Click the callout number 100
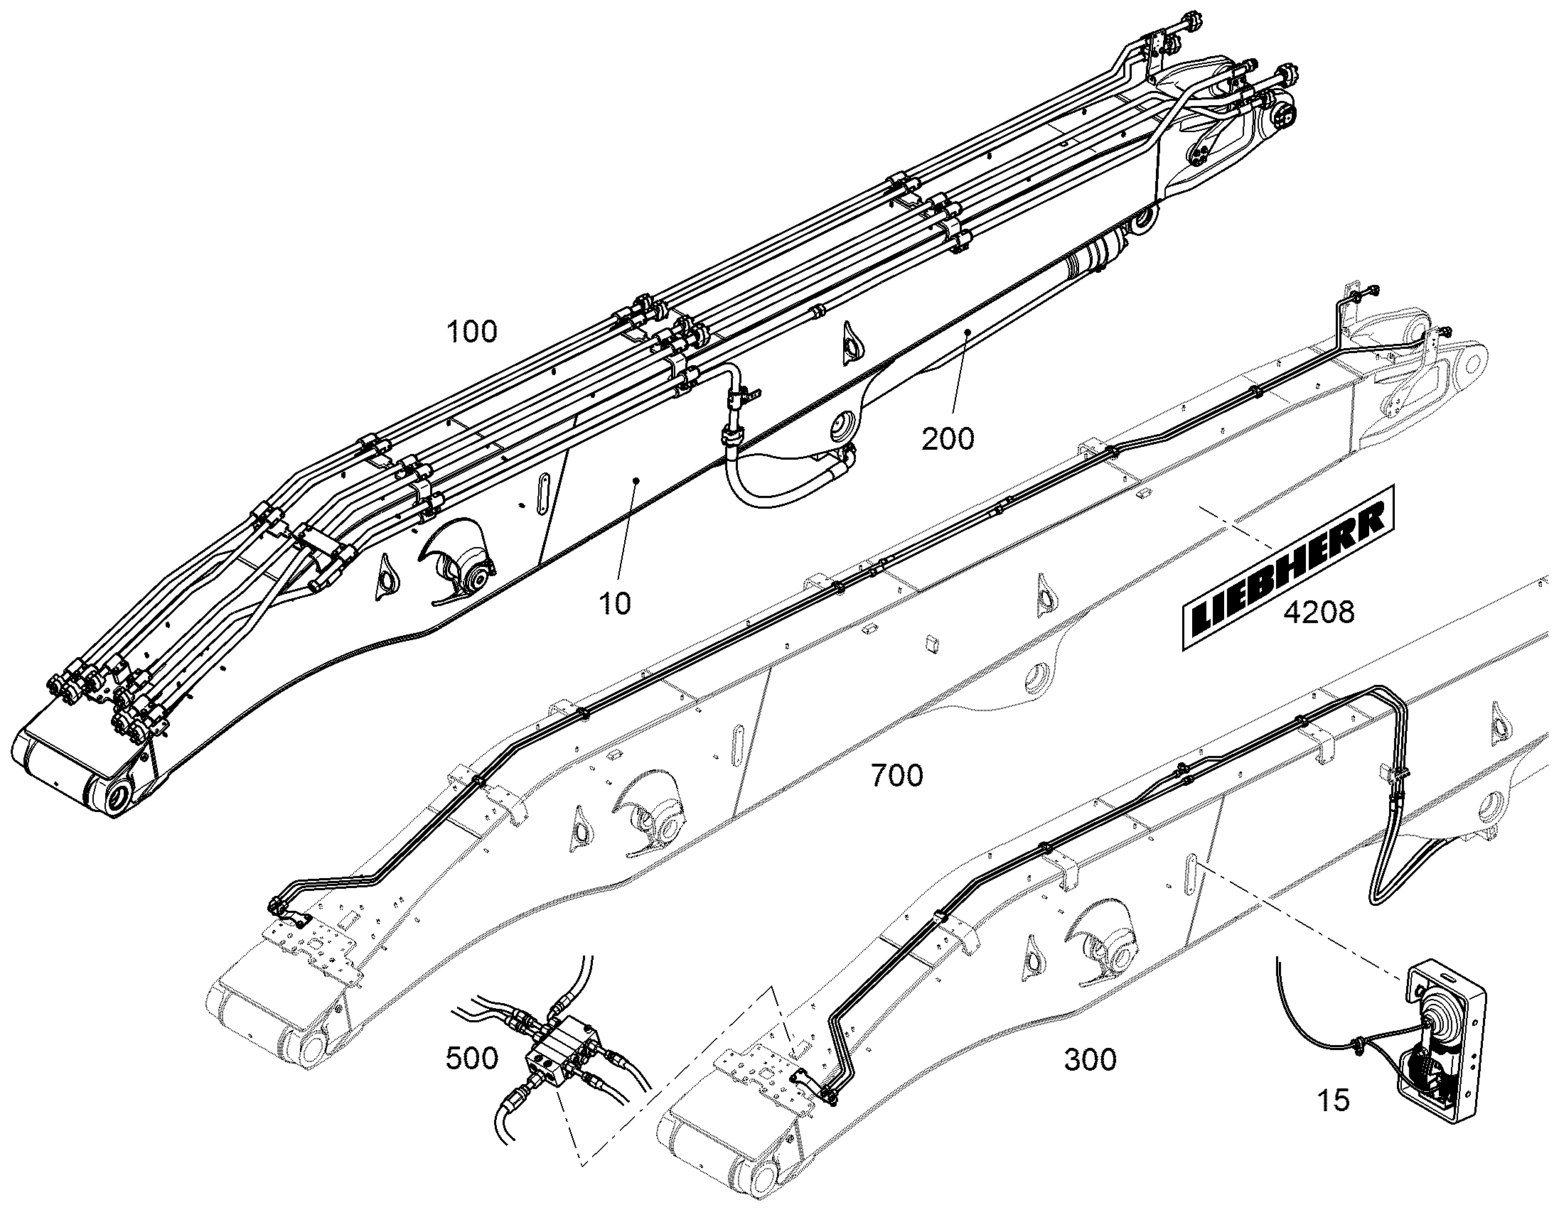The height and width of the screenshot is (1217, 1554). [x=472, y=332]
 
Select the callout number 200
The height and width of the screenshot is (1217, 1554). [x=948, y=439]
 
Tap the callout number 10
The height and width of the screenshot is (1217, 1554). [x=615, y=604]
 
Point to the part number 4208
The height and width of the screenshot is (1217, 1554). [x=1319, y=612]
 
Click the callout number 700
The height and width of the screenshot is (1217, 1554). [x=897, y=775]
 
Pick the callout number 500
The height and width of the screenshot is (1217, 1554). [x=472, y=1059]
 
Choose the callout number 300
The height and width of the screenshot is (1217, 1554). [x=1091, y=1060]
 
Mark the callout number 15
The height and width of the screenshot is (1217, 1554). [x=1333, y=1101]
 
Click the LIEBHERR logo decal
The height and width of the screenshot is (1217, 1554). [x=1287, y=568]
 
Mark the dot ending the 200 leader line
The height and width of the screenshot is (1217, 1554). [x=968, y=332]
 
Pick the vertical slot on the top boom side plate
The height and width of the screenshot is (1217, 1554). [x=543, y=492]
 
